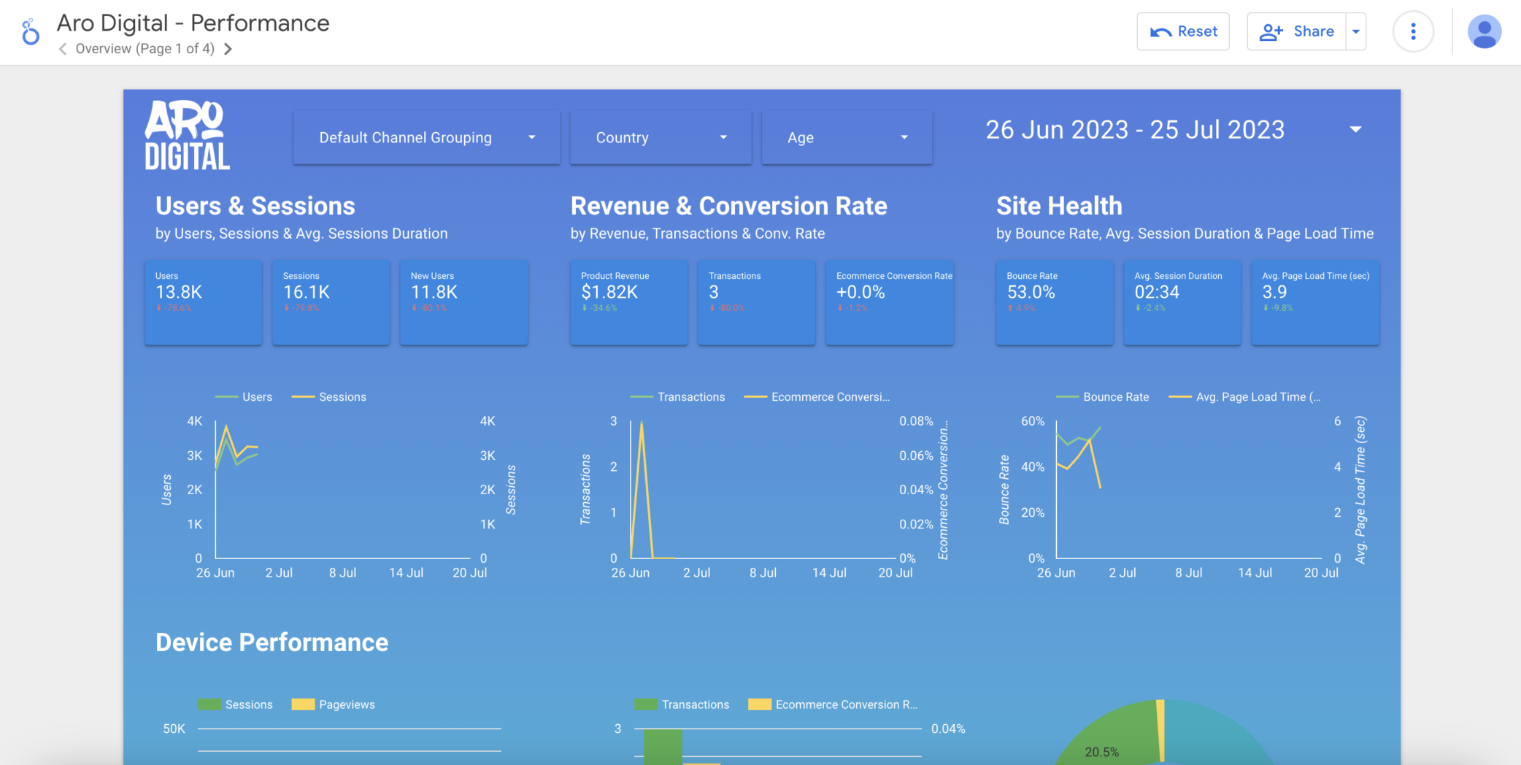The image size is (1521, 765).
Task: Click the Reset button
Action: pyautogui.click(x=1182, y=31)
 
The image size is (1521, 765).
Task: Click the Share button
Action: pyautogui.click(x=1297, y=31)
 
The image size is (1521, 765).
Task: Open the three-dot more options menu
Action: pyautogui.click(x=1413, y=31)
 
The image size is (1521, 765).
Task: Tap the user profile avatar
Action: pyautogui.click(x=1484, y=32)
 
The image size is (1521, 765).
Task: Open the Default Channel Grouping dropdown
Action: pyautogui.click(x=426, y=137)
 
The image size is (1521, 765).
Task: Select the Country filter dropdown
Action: pyautogui.click(x=660, y=137)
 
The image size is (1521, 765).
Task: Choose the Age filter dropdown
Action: pyautogui.click(x=846, y=137)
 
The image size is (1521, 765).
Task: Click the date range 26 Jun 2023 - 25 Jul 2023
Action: pyautogui.click(x=1135, y=130)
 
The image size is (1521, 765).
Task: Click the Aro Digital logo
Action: pyautogui.click(x=187, y=136)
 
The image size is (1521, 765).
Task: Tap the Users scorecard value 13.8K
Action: pyautogui.click(x=179, y=292)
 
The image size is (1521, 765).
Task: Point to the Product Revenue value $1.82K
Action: pyautogui.click(x=609, y=292)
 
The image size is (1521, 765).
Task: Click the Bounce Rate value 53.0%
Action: pyautogui.click(x=1031, y=292)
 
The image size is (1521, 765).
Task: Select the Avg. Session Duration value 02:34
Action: pyautogui.click(x=1157, y=292)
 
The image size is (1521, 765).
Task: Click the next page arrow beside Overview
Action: pyautogui.click(x=228, y=49)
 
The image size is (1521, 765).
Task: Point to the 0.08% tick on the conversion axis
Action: pyautogui.click(x=916, y=421)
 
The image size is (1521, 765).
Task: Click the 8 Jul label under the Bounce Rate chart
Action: pyautogui.click(x=1188, y=573)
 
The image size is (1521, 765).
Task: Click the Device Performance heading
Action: pyautogui.click(x=272, y=642)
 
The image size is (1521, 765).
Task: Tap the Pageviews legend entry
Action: pyautogui.click(x=346, y=704)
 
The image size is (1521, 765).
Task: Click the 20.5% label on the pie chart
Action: pyautogui.click(x=1101, y=752)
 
